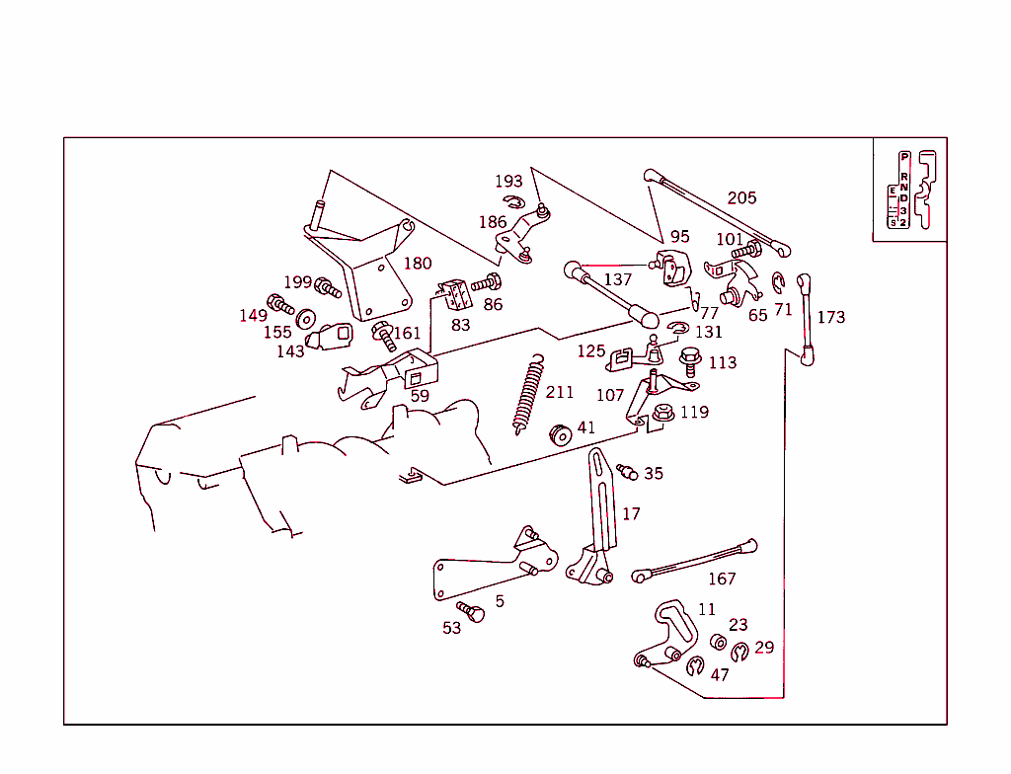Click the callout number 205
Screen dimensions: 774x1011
pyautogui.click(x=741, y=197)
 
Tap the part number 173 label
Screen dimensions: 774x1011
pyautogui.click(x=831, y=317)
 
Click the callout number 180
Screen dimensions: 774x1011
pyautogui.click(x=418, y=264)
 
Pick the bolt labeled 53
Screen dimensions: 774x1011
pyautogui.click(x=472, y=613)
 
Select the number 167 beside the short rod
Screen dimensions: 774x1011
pyautogui.click(x=722, y=579)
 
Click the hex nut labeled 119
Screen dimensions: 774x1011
pyautogui.click(x=662, y=414)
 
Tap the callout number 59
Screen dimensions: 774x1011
pyautogui.click(x=420, y=396)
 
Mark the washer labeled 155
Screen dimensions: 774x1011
pyautogui.click(x=306, y=318)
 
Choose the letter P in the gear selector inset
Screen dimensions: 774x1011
pyautogui.click(x=903, y=158)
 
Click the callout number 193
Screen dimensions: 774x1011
pyautogui.click(x=508, y=182)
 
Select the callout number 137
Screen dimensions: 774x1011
pyautogui.click(x=617, y=279)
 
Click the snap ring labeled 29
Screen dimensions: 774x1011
pyautogui.click(x=740, y=653)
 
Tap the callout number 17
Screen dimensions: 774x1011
pyautogui.click(x=631, y=513)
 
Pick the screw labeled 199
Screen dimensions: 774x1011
pyautogui.click(x=327, y=287)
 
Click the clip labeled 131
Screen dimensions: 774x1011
pyautogui.click(x=677, y=329)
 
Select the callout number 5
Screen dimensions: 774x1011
pyautogui.click(x=500, y=600)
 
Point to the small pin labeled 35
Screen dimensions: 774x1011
pyautogui.click(x=625, y=471)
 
